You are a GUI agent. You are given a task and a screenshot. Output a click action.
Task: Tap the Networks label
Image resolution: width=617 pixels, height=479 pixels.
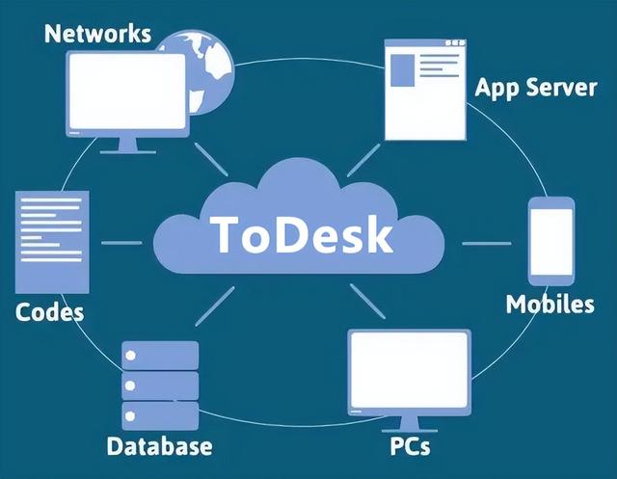(x=98, y=33)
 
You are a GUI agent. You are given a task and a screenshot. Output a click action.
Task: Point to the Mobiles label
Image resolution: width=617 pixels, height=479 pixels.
(x=550, y=305)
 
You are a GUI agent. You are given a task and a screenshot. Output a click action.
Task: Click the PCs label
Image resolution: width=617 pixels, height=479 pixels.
(x=411, y=447)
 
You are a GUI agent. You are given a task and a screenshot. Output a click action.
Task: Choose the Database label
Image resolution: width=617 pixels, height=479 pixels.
(x=159, y=446)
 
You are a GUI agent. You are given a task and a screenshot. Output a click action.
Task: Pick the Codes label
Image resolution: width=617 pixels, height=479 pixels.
(x=50, y=312)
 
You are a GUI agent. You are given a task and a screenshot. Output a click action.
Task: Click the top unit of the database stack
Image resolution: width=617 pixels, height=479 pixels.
(x=160, y=356)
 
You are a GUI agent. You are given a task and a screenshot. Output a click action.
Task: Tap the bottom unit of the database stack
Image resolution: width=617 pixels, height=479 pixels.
(x=160, y=415)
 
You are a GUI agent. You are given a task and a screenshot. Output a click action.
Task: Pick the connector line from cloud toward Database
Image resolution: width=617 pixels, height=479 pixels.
(x=216, y=305)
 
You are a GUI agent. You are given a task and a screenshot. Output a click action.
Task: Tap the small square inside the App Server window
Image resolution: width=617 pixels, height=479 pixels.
(x=404, y=71)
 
